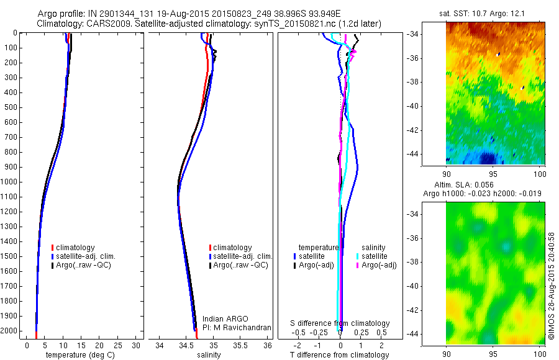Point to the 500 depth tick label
10,107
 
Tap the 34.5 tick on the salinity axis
186,345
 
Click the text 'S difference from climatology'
340,323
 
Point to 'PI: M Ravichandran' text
237,327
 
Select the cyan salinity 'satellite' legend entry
372,256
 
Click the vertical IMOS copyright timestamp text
552,286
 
